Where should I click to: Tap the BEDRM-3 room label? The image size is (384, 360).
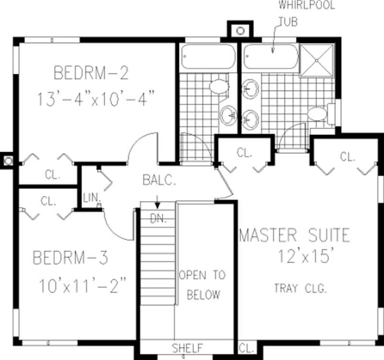tap(71, 258)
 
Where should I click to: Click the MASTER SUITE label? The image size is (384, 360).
tap(294, 236)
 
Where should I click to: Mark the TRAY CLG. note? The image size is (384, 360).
tap(300, 288)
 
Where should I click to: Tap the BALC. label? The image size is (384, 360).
tap(159, 180)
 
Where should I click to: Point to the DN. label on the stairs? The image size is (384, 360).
tap(158, 219)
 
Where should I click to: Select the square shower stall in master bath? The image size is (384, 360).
tap(316, 60)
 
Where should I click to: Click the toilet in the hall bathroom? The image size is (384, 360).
tap(219, 86)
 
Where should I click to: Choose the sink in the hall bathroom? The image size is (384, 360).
tap(228, 115)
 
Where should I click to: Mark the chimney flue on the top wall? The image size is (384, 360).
tap(240, 31)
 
